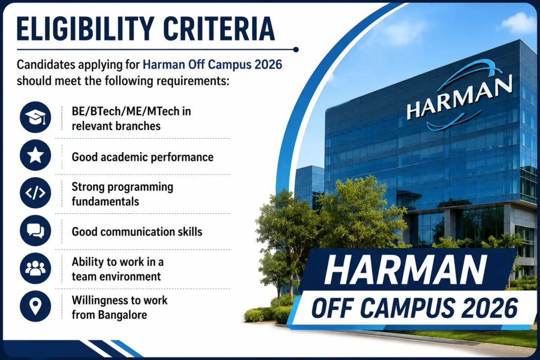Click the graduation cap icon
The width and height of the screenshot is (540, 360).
point(35,117)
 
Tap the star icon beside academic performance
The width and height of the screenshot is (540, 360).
point(35,155)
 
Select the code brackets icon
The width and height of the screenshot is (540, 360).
point(35,193)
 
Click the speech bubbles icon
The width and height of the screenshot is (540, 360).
point(35,230)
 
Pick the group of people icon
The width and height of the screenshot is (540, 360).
point(35,268)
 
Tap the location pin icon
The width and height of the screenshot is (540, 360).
point(35,306)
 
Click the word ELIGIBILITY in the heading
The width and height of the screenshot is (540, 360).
point(85,28)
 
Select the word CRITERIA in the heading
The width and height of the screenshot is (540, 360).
point(219,28)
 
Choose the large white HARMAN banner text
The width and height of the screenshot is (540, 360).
point(406,270)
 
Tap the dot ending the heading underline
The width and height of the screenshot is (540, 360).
point(296,50)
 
